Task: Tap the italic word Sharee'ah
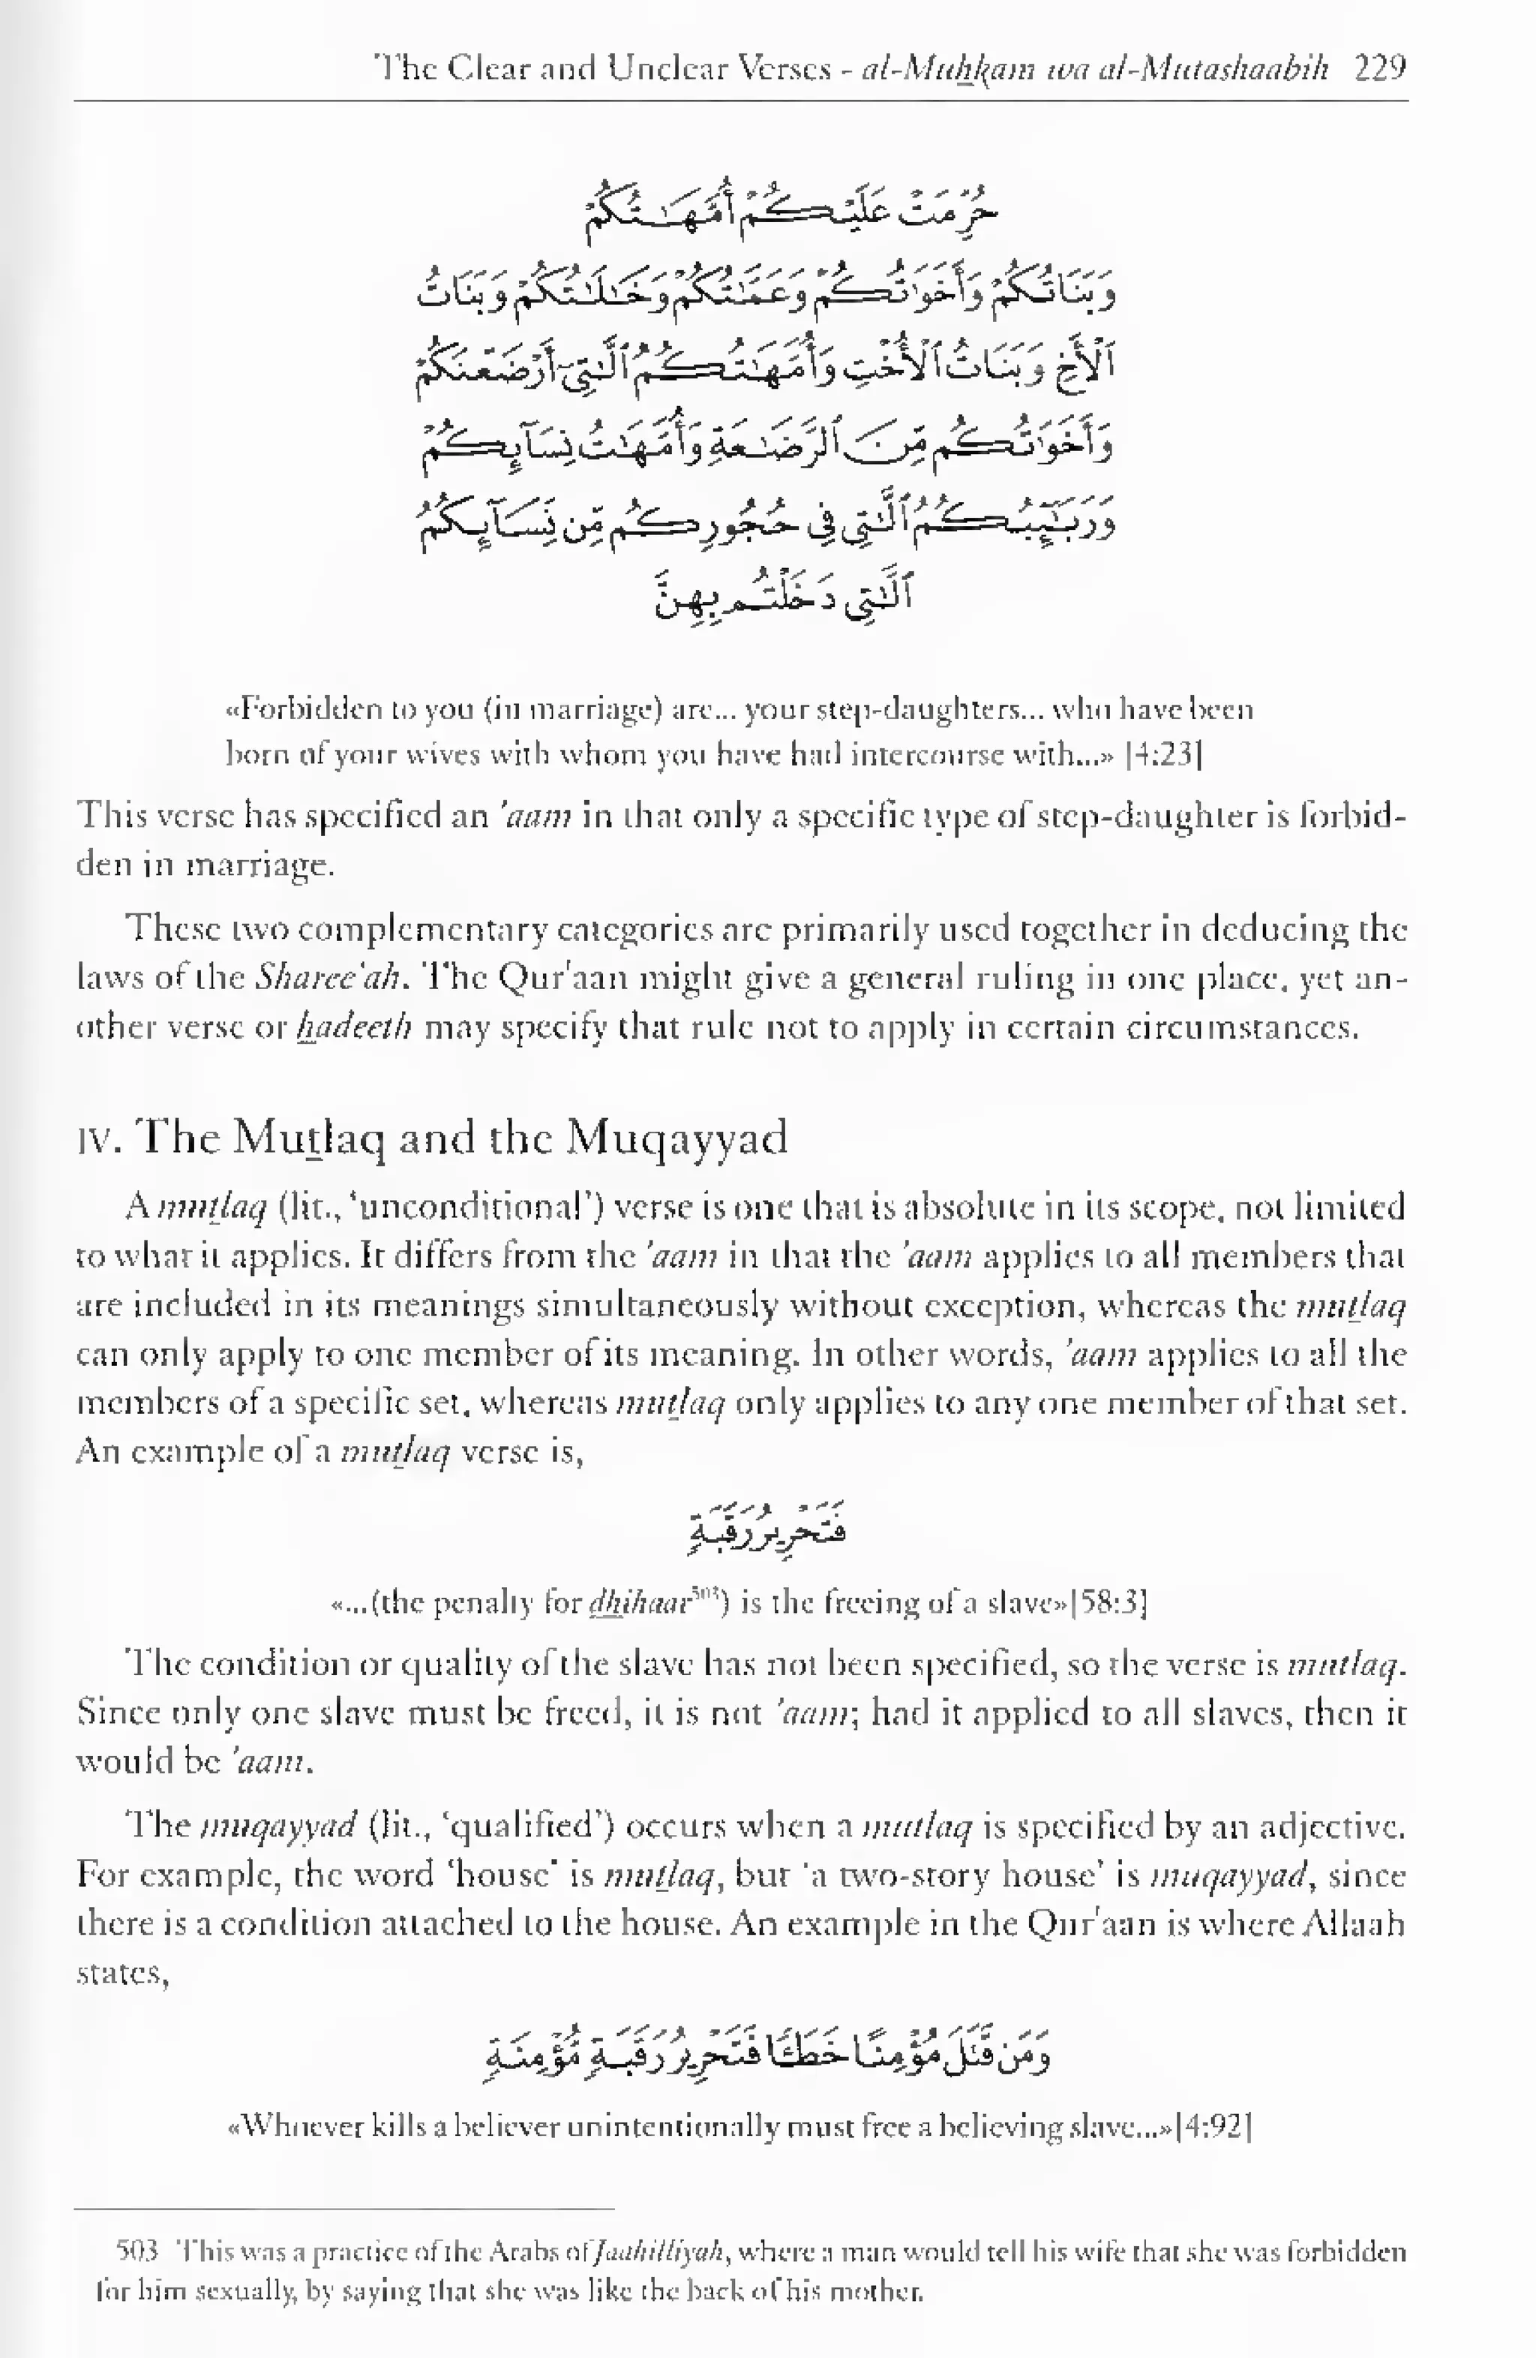click(327, 978)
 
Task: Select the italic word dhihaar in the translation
click(637, 1602)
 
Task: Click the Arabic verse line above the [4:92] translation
click(767, 2055)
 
